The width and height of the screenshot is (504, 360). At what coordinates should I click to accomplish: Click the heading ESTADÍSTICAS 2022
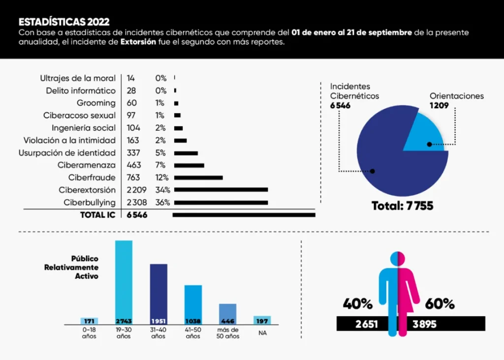tap(64, 22)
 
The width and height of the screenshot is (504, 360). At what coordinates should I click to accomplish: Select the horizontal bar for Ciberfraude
tap(198, 178)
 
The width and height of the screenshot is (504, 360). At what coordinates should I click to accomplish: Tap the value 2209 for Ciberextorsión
tap(137, 190)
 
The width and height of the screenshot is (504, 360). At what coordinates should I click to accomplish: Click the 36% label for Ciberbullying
tap(162, 202)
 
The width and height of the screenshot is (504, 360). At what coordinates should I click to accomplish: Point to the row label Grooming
tap(96, 103)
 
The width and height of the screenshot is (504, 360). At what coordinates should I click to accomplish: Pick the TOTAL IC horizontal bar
tap(244, 215)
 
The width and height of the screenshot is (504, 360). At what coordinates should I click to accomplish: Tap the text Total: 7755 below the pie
tap(403, 206)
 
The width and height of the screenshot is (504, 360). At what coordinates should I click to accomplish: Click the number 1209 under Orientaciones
tap(439, 105)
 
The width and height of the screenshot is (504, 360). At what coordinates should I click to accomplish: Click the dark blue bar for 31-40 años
tap(158, 294)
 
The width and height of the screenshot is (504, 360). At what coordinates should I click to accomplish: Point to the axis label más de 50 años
tap(228, 333)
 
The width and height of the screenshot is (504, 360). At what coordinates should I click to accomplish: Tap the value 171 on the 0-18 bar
tap(89, 321)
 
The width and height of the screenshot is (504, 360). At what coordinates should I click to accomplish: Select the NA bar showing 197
tap(262, 321)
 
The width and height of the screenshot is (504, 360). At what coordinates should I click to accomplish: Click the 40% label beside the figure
tap(357, 304)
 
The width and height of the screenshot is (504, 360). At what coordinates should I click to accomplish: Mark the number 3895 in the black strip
tap(424, 324)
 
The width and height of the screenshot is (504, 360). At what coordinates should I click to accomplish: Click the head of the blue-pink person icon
tap(398, 259)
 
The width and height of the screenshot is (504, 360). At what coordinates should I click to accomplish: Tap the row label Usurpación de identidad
tap(67, 153)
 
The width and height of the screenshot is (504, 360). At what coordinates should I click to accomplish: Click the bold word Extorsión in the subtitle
tap(138, 42)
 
